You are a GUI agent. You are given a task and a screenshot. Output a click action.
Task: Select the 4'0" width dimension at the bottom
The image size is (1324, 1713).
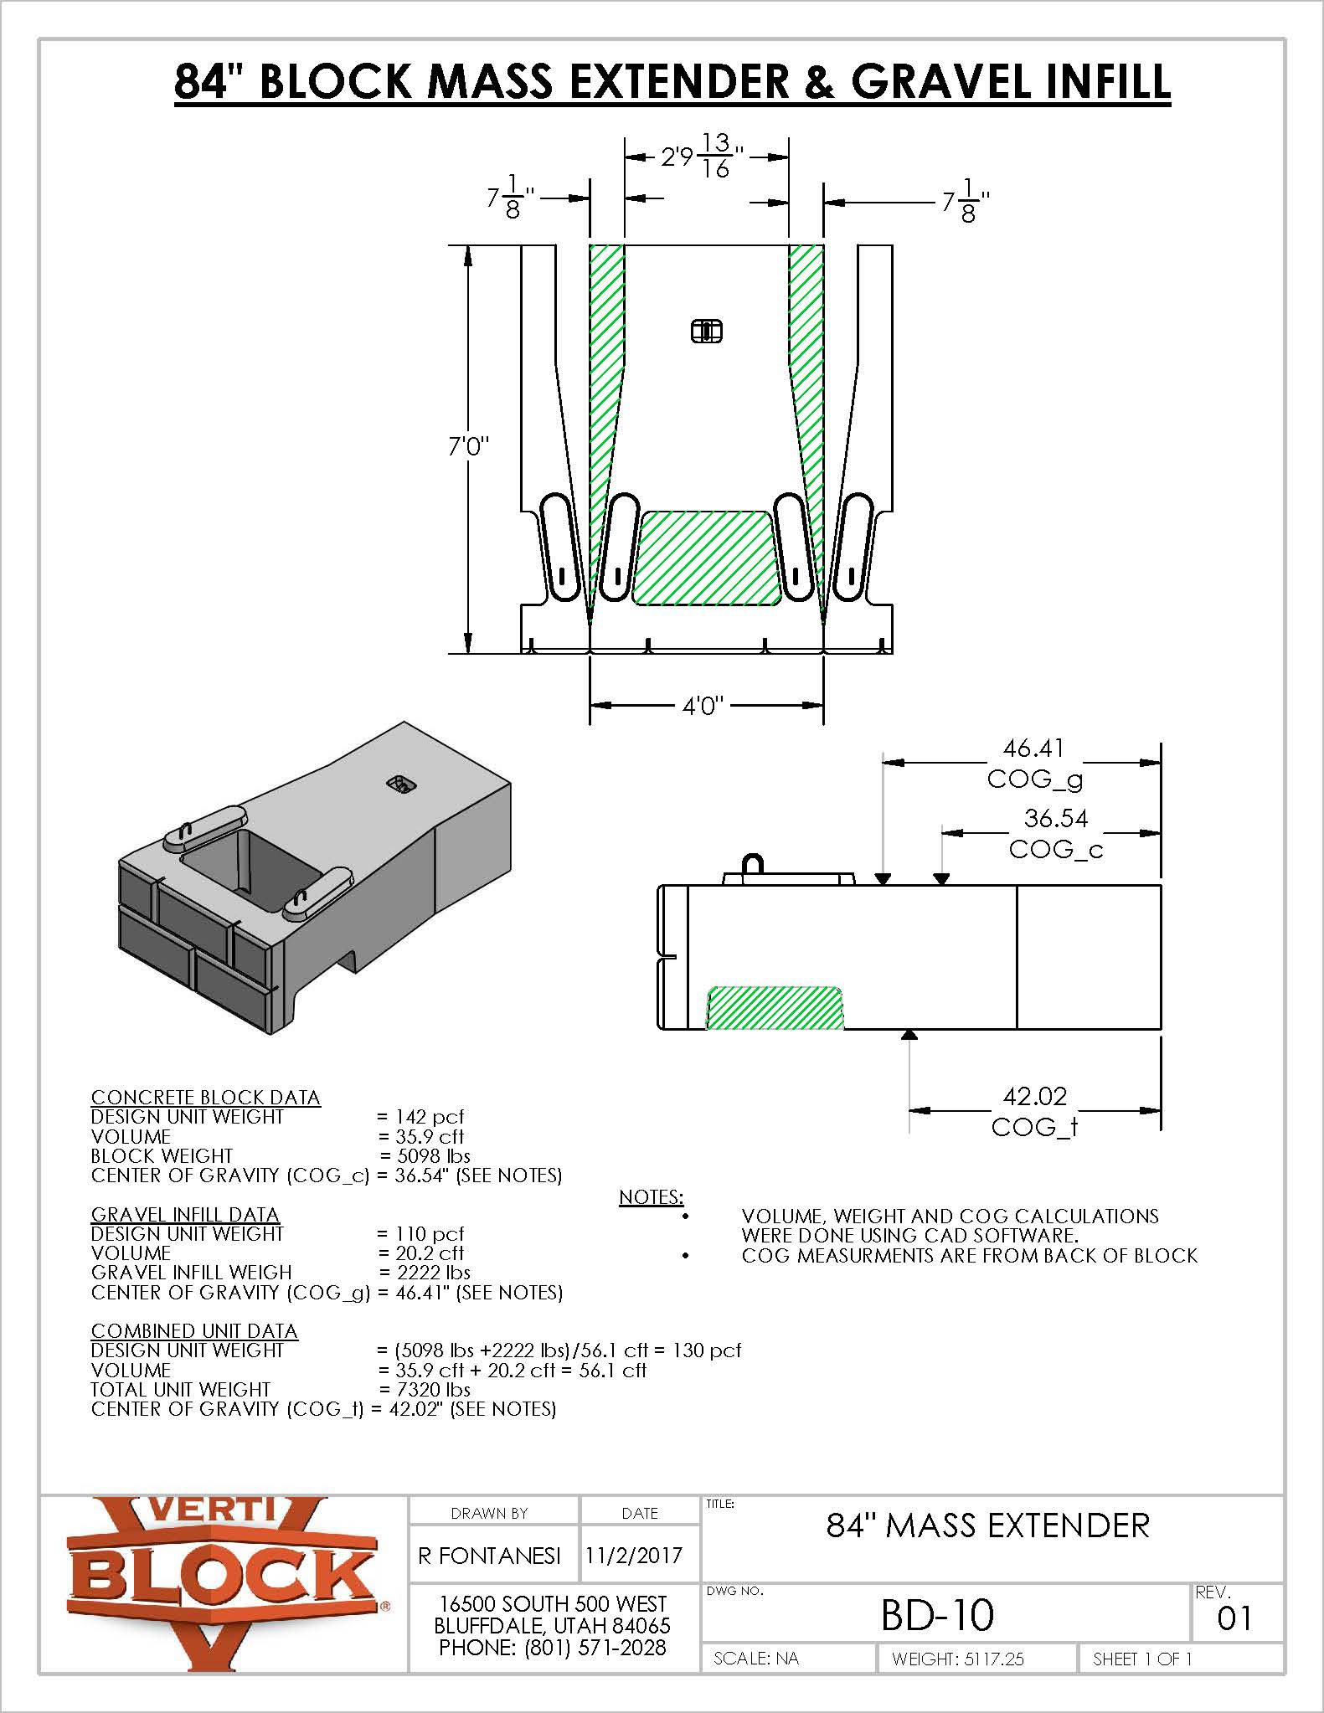[x=703, y=706]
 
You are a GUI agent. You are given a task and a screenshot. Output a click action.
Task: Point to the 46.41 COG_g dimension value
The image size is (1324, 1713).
[x=1033, y=748]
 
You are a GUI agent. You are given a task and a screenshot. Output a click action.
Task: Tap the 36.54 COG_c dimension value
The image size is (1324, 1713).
[x=1055, y=818]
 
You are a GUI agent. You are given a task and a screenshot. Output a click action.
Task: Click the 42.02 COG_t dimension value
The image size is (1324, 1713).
[x=1035, y=1096]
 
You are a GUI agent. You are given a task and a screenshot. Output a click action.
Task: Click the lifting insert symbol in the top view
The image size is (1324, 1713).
[x=706, y=332]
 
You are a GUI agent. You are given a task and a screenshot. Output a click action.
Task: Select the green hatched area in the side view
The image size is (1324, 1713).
[x=775, y=1008]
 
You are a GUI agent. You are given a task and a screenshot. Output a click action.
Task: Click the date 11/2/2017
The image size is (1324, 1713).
[x=634, y=1555]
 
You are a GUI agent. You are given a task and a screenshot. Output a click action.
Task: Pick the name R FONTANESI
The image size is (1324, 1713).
[x=489, y=1555]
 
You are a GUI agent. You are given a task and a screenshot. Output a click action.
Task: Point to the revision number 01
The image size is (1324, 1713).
[x=1234, y=1618]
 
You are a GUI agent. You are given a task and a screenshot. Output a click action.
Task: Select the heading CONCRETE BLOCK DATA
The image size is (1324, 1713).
[x=205, y=1097]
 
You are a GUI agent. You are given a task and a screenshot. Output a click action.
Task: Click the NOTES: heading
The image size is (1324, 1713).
[x=651, y=1197]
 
